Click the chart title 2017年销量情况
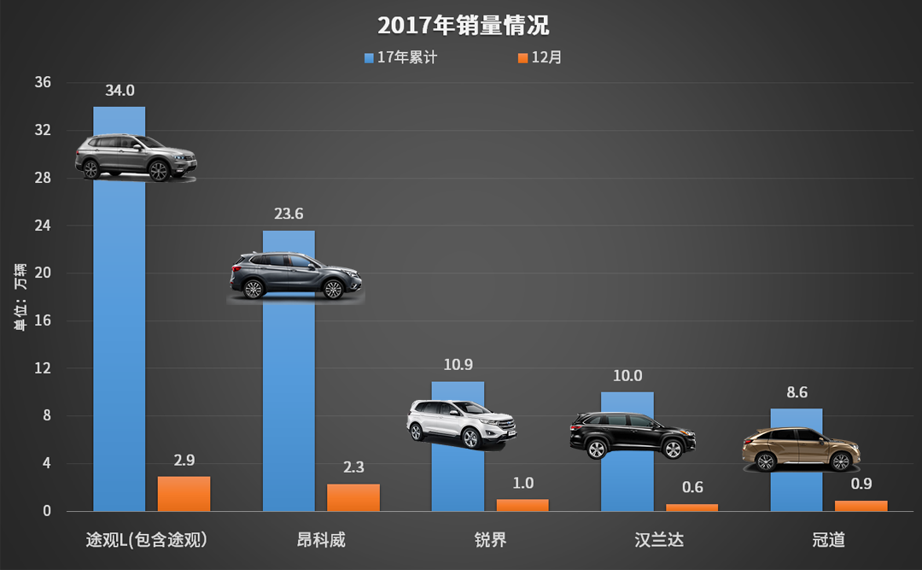[x=462, y=25]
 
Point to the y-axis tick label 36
[x=43, y=83]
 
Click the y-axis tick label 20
[x=43, y=273]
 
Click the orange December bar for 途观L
[x=184, y=494]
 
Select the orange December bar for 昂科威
[x=353, y=497]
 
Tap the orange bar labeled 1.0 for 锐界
[x=522, y=505]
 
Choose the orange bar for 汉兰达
[x=691, y=508]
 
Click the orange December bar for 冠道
[x=861, y=506]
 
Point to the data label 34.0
[x=120, y=91]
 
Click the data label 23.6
[x=289, y=214]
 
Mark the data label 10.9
[x=458, y=365]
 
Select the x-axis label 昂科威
[x=321, y=540]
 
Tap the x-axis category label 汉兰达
[x=659, y=540]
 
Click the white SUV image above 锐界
[x=461, y=424]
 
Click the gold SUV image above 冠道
[x=800, y=449]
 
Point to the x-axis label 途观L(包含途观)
[x=147, y=540]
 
